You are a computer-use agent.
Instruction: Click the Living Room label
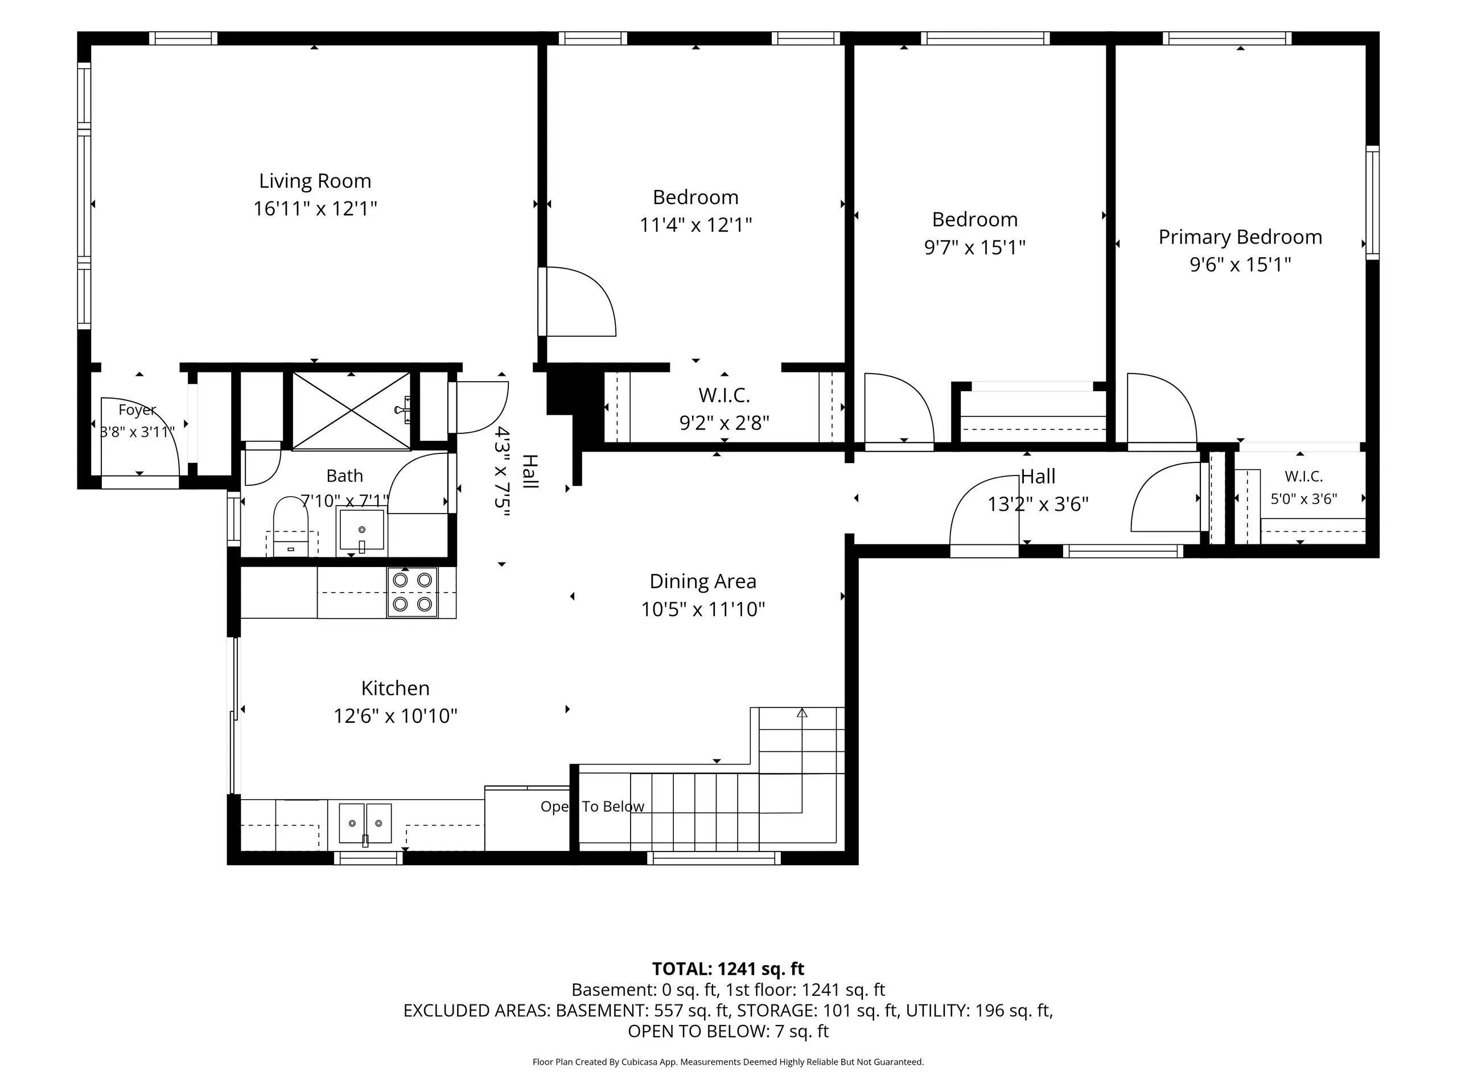point(315,180)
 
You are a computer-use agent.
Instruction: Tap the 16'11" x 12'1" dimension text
point(315,209)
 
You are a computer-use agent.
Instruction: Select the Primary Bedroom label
point(1240,237)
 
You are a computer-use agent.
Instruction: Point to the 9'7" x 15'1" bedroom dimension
point(975,247)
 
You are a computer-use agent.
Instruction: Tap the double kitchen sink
point(365,824)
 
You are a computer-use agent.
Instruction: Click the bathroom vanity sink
point(361,531)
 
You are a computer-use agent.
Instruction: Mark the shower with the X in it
point(351,411)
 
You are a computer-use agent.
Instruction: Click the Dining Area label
point(703,581)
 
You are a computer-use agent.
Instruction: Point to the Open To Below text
point(592,806)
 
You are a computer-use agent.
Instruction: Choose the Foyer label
point(137,410)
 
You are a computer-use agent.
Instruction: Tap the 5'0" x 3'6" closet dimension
point(1303,499)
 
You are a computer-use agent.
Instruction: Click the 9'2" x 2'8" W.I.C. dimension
point(725,423)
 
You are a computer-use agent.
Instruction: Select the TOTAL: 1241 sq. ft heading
point(728,969)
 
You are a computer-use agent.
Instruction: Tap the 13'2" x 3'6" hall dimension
point(1038,504)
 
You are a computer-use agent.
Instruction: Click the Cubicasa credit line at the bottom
point(728,1062)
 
